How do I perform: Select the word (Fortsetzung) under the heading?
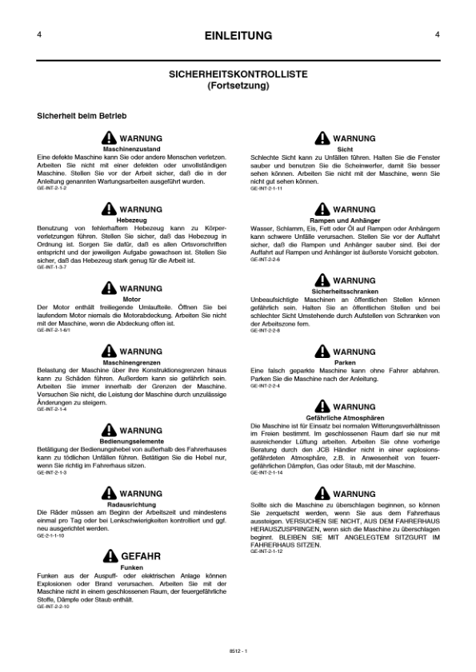tap(238, 84)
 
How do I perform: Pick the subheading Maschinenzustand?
tap(132, 149)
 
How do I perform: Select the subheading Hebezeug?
tap(132, 219)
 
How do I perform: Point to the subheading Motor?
tap(132, 299)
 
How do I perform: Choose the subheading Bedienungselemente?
tap(132, 441)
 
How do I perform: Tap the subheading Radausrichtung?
tap(132, 504)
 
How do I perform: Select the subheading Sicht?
tap(345, 149)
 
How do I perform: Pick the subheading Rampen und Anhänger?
tap(345, 219)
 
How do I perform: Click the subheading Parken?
tap(345, 361)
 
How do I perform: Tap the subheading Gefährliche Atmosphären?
tap(345, 417)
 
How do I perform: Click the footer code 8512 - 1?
tap(238, 653)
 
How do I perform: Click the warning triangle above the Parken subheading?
tap(322, 351)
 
